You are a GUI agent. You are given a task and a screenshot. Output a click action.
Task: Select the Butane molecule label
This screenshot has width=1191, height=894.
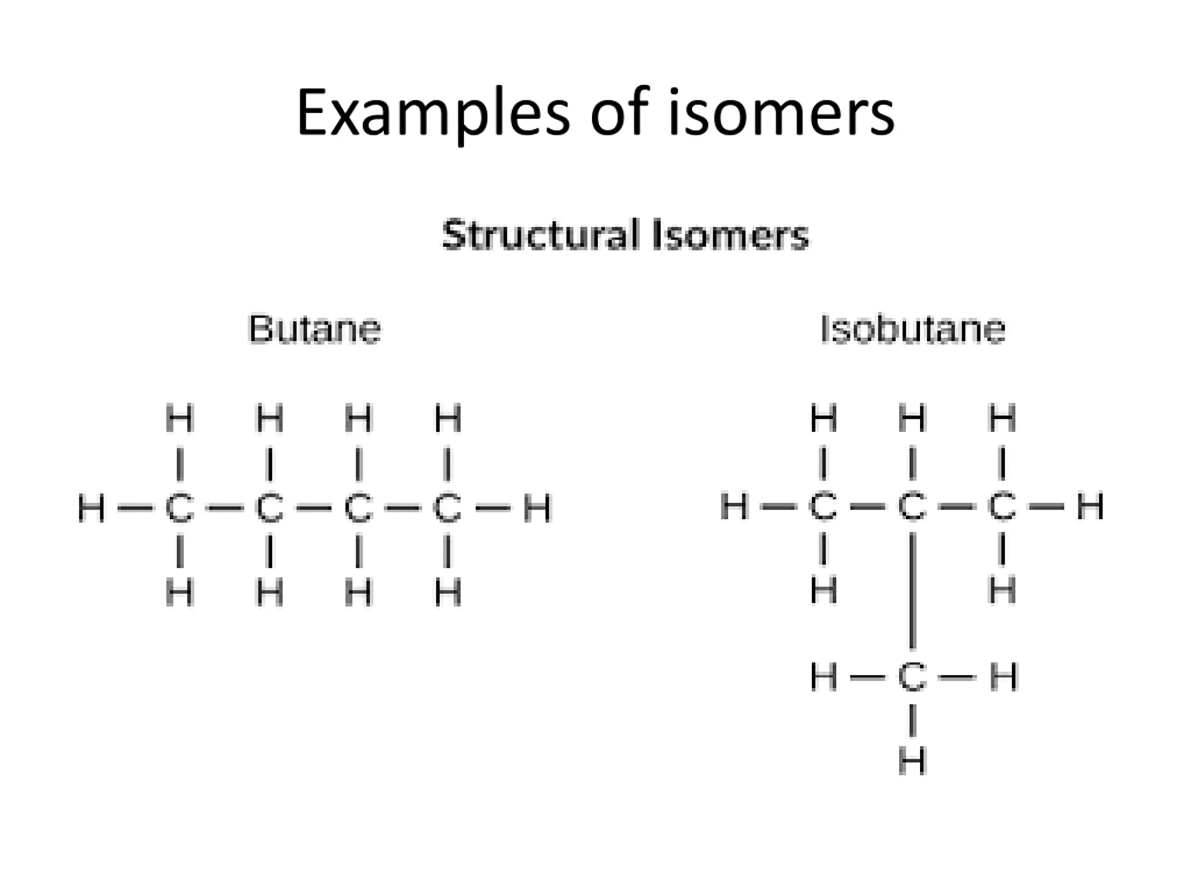tap(314, 329)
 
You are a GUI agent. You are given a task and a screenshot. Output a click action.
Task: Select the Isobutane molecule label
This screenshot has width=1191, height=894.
tap(913, 329)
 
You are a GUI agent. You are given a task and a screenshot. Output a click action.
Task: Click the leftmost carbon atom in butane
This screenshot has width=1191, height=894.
tap(179, 508)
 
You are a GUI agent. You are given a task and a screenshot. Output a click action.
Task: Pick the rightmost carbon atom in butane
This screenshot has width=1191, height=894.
tap(448, 508)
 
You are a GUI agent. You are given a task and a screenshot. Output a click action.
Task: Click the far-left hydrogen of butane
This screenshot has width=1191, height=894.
tap(92, 508)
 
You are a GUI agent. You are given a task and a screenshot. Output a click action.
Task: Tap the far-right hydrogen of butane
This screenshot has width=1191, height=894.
tap(537, 508)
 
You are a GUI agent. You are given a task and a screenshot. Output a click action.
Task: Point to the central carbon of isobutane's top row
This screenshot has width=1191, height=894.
tap(912, 507)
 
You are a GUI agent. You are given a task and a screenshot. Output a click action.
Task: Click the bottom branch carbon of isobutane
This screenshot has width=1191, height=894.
tap(912, 677)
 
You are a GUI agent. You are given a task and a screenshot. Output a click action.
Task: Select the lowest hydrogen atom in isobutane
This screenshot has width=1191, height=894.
tap(912, 761)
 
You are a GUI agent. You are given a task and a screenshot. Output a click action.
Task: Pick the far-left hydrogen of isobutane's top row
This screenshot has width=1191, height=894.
tap(735, 507)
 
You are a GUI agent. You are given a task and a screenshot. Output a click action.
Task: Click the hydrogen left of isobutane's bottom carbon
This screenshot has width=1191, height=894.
tap(824, 677)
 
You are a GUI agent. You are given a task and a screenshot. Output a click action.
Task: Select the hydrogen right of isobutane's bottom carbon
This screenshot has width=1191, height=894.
tap(1003, 677)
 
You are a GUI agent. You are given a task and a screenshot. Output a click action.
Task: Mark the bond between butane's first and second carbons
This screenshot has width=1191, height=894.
tap(225, 508)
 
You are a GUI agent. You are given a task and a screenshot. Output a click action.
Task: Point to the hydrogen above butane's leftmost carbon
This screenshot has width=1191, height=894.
tap(179, 418)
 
